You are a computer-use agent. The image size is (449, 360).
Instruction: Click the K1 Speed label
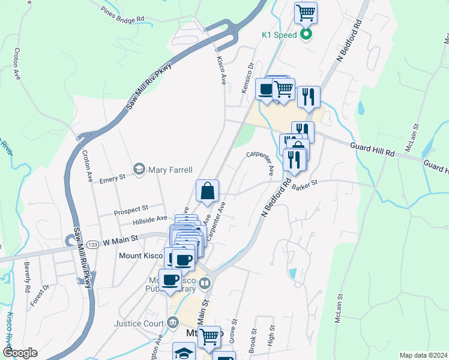point(279,35)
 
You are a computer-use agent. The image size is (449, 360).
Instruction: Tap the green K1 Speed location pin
point(306,35)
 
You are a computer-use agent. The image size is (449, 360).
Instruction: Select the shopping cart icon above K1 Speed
point(306,12)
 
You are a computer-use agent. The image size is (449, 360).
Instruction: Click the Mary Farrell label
point(170,169)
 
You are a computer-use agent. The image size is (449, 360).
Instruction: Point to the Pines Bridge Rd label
point(123,14)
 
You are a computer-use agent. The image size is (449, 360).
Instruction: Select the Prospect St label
point(131,209)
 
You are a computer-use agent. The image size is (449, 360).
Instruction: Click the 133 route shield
point(92,244)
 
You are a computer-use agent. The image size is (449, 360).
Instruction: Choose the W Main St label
point(121,238)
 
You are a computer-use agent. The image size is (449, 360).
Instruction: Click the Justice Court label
point(139,324)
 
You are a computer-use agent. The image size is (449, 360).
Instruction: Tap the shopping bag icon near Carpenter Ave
point(207,191)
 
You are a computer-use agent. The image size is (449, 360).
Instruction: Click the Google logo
point(19,353)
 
